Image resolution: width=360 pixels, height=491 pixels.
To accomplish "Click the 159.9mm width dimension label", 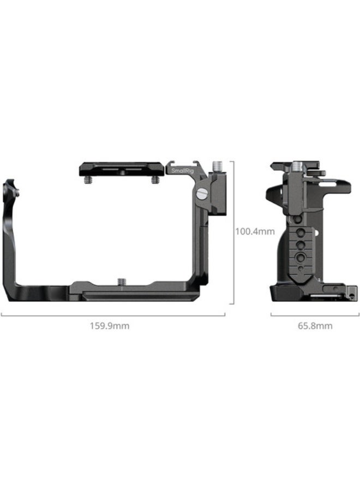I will (x=109, y=326).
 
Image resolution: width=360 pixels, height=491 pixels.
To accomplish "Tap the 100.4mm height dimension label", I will (x=255, y=231).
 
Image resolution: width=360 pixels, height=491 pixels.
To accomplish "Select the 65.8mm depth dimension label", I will (x=315, y=326).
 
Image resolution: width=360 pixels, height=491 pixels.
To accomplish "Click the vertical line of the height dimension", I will (x=233, y=232).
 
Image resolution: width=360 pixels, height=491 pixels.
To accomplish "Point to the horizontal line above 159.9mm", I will (x=113, y=315).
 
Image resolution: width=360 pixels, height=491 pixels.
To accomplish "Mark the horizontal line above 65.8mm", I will (x=315, y=315).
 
